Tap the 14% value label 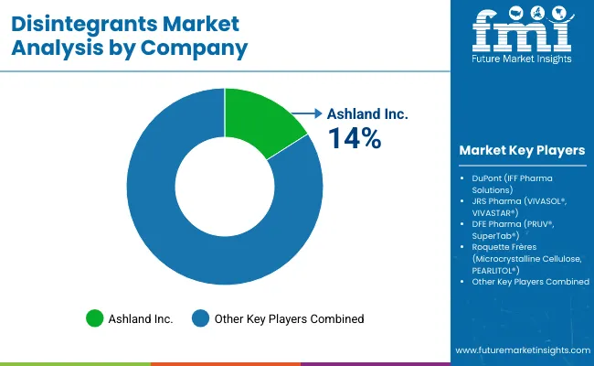coord(355,138)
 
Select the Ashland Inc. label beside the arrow coord(367,114)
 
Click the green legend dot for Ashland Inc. coord(94,318)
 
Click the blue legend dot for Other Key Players coord(200,318)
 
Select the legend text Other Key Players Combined coord(289,318)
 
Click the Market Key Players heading coord(523,150)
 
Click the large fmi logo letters coord(522,33)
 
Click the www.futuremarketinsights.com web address coord(521,350)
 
